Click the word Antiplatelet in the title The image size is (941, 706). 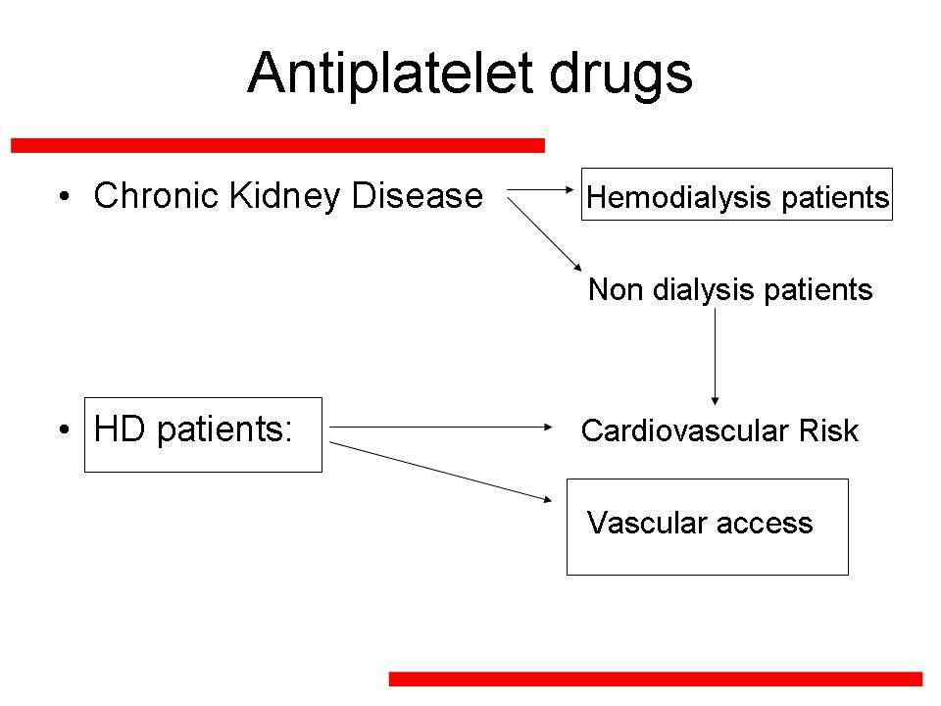tap(391, 75)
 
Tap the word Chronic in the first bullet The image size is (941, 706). tap(156, 196)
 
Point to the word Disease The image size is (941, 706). tap(418, 196)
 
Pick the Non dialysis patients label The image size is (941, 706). tap(729, 290)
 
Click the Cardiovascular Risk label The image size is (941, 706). tap(719, 430)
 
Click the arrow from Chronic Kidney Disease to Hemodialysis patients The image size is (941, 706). tap(540, 190)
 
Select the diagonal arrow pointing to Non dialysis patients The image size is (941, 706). tap(544, 234)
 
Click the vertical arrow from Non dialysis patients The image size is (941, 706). tap(715, 357)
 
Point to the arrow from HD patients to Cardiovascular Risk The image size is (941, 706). tap(440, 427)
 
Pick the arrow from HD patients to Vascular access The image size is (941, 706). tap(440, 472)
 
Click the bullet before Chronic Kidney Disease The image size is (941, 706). tap(65, 196)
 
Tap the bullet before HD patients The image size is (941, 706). tap(65, 429)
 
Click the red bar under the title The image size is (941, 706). tap(277, 146)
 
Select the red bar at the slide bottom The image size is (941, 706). tap(656, 679)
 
